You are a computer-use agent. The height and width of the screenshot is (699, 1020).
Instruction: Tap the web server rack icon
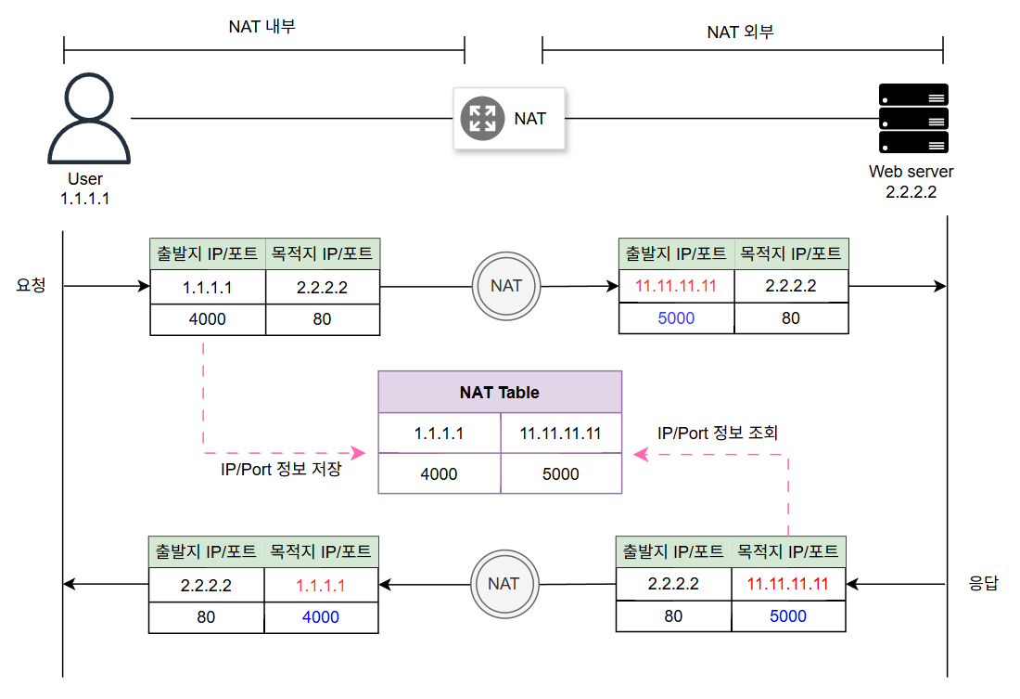(x=912, y=119)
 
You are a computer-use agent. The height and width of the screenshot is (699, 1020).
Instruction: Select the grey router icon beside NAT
(x=482, y=118)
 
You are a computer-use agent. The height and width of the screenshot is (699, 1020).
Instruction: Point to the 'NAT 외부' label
(x=740, y=32)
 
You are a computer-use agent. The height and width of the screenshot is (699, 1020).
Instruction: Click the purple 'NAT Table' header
(x=499, y=393)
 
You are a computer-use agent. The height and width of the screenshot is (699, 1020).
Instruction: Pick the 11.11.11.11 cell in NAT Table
(x=560, y=434)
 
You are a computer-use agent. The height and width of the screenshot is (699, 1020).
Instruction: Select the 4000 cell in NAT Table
(x=439, y=473)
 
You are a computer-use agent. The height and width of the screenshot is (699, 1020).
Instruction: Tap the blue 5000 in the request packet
(x=676, y=318)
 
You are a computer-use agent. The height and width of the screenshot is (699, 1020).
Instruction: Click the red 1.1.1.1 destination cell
(x=321, y=586)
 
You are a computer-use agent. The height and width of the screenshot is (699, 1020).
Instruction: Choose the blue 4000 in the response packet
(x=321, y=617)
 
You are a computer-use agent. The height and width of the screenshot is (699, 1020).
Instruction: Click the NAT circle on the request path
(x=506, y=286)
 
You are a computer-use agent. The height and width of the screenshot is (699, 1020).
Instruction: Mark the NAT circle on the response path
(x=504, y=584)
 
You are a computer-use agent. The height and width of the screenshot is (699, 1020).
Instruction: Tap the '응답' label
(x=983, y=584)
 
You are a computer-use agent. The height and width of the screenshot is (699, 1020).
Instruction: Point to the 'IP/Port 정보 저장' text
(x=281, y=469)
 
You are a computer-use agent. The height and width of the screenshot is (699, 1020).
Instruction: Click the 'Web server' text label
(x=911, y=172)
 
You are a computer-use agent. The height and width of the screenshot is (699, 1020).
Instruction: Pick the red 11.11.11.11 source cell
(x=676, y=286)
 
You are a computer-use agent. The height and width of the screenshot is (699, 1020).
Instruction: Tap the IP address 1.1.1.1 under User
(x=84, y=198)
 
